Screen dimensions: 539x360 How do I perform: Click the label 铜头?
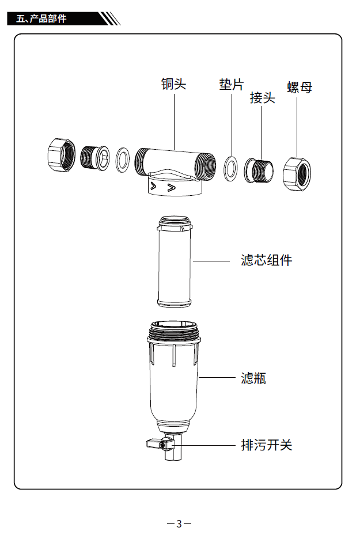173,84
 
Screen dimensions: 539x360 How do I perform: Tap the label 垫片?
232,85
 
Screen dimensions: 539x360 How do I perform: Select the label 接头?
262,98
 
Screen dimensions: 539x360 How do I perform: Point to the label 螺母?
300,88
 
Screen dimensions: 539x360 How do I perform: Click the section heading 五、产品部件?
41,19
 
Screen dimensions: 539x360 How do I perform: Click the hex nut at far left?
60,155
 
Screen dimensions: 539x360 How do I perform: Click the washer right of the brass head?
231,168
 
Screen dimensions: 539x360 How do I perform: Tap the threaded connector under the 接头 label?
260,170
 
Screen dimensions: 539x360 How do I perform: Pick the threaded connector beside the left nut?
93,157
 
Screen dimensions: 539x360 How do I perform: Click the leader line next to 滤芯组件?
211,260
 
